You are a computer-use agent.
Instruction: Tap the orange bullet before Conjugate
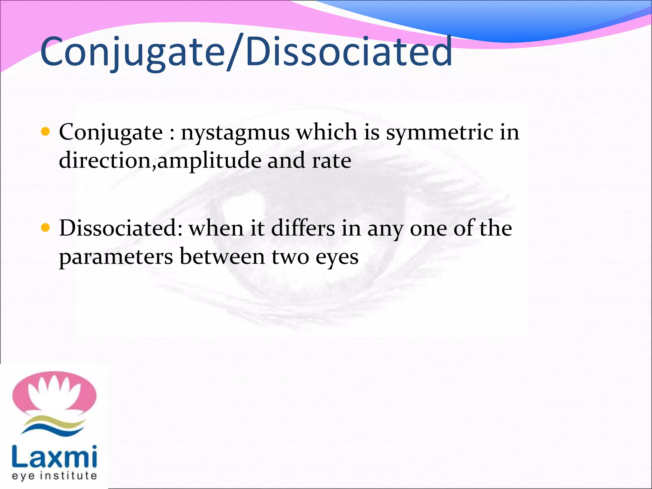coord(46,131)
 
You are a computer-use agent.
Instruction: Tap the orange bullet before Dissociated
coord(46,228)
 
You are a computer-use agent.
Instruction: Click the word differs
coord(303,228)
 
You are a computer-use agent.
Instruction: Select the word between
coord(222,257)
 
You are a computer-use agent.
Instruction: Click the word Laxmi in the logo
coord(54,457)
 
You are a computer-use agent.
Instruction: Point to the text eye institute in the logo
coord(54,476)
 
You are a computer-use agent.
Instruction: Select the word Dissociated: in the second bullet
coord(121,228)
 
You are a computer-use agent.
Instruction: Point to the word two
coord(290,257)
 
